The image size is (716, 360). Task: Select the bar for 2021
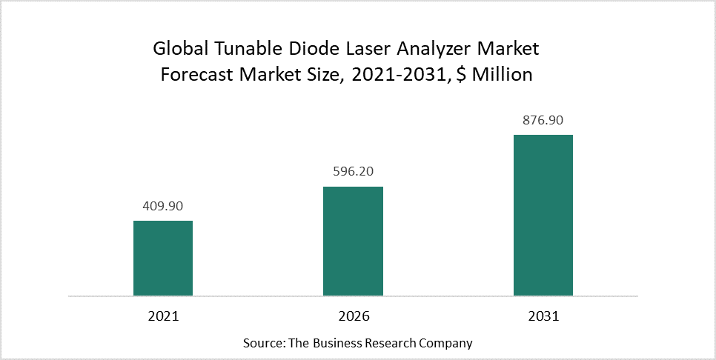click(163, 259)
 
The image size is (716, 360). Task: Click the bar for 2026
click(353, 241)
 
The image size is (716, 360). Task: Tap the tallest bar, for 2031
click(543, 216)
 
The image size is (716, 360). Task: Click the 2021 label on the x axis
click(163, 316)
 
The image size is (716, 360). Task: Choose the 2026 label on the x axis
click(353, 316)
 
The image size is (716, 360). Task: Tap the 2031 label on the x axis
click(543, 316)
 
